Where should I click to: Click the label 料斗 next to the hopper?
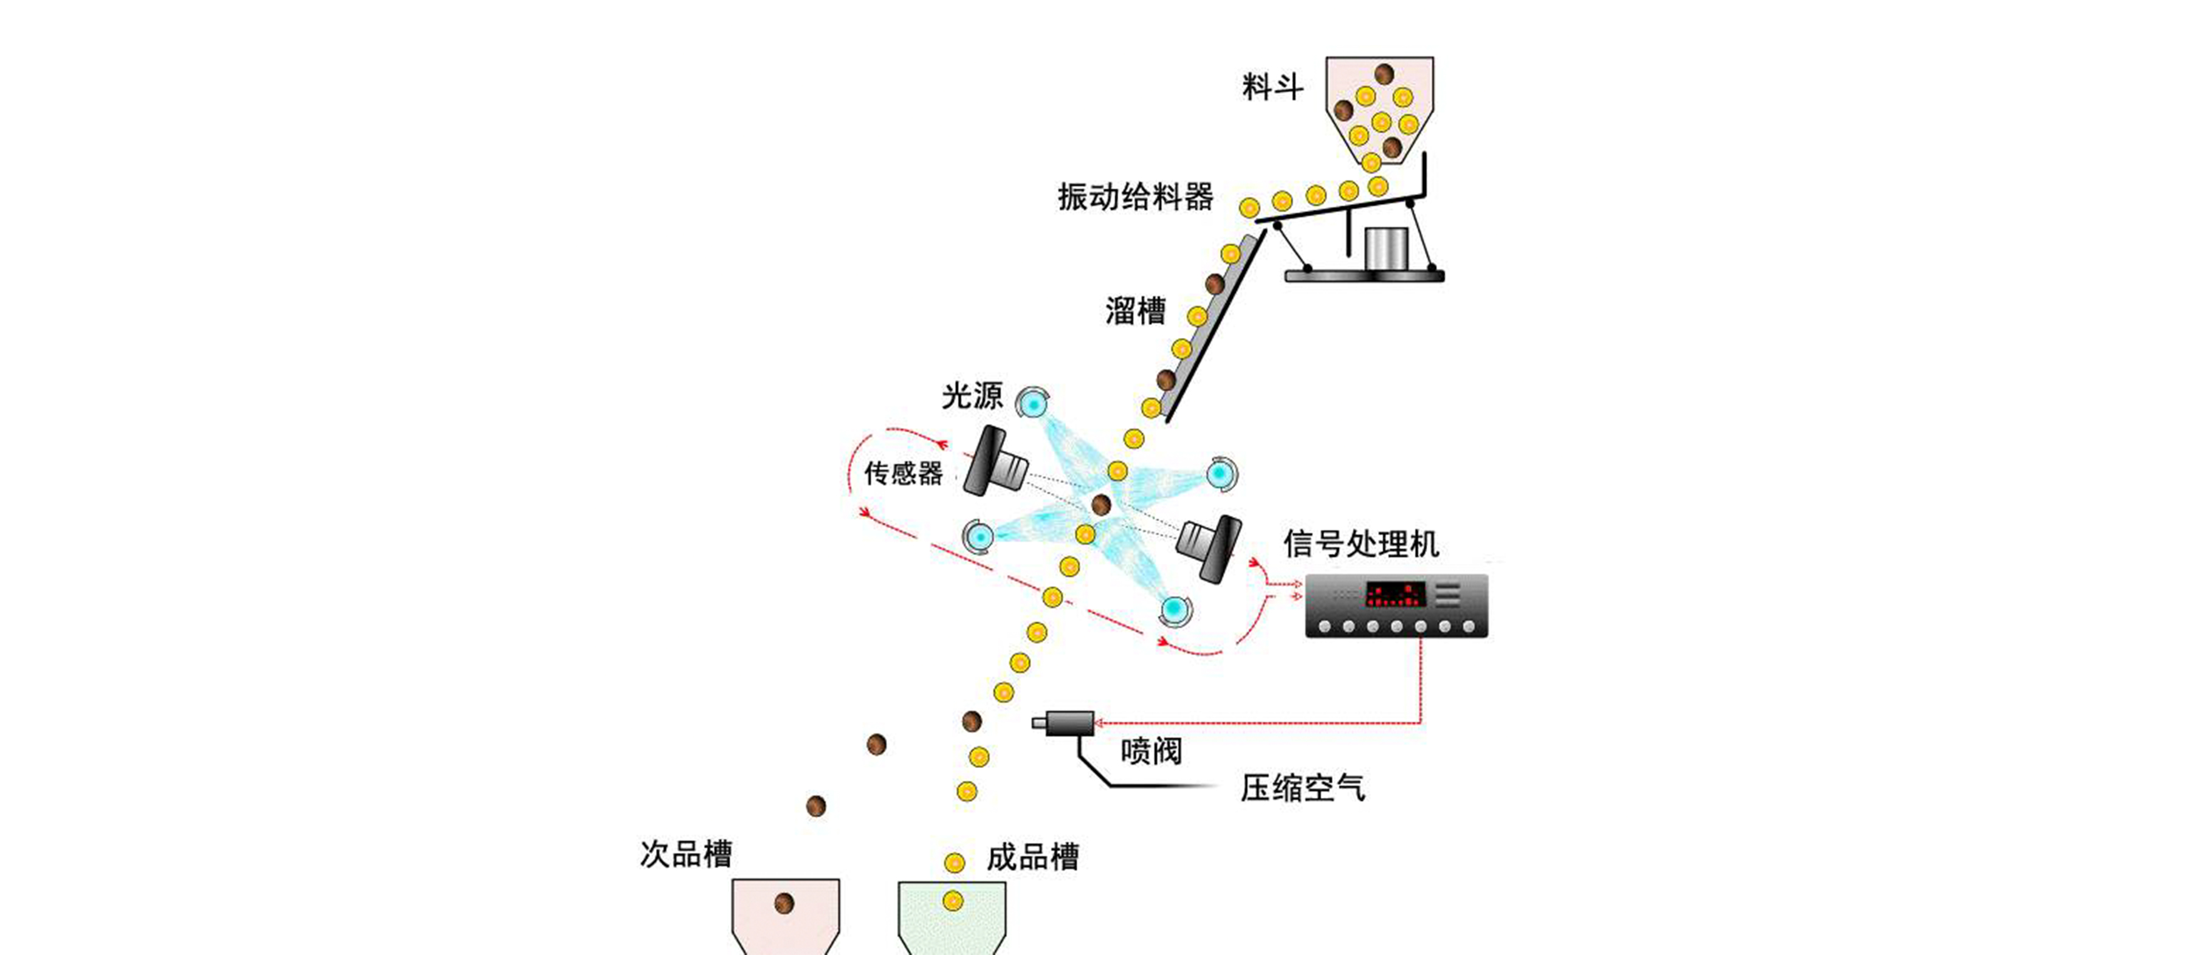click(x=1272, y=88)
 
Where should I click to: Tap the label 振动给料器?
click(x=1136, y=197)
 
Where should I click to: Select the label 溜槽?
click(x=1135, y=310)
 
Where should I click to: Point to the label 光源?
click(x=972, y=396)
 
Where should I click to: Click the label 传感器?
click(x=904, y=473)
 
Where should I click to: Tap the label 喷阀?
click(x=1151, y=750)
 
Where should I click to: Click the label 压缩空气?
click(x=1301, y=788)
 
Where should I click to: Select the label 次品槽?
click(x=685, y=854)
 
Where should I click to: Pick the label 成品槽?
click(x=1032, y=857)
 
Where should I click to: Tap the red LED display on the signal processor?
click(x=1395, y=594)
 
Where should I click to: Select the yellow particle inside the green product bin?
click(x=953, y=901)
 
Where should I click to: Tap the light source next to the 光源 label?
click(x=1032, y=401)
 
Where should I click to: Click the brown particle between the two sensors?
click(x=1101, y=504)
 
